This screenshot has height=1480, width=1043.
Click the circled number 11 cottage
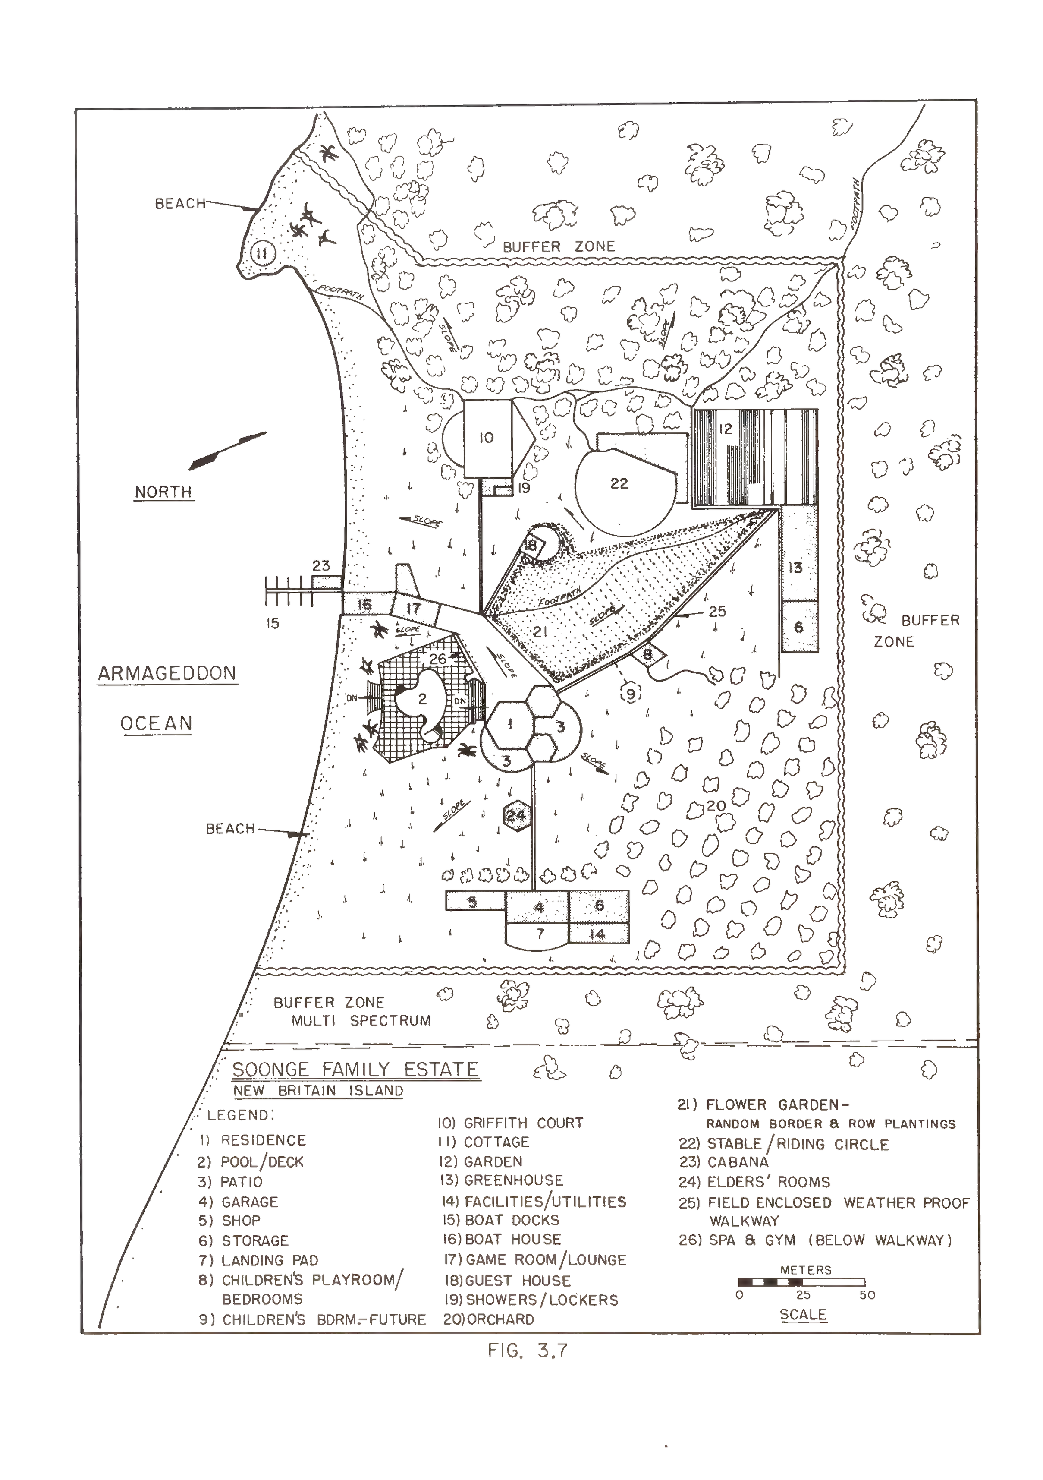tap(262, 252)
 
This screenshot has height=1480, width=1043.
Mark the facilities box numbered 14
tap(598, 934)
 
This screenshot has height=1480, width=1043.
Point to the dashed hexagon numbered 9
tap(630, 694)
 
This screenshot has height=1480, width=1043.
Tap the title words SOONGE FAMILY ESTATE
tap(355, 1070)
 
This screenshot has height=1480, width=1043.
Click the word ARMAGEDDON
tap(167, 674)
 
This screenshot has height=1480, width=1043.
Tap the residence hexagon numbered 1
tap(511, 725)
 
